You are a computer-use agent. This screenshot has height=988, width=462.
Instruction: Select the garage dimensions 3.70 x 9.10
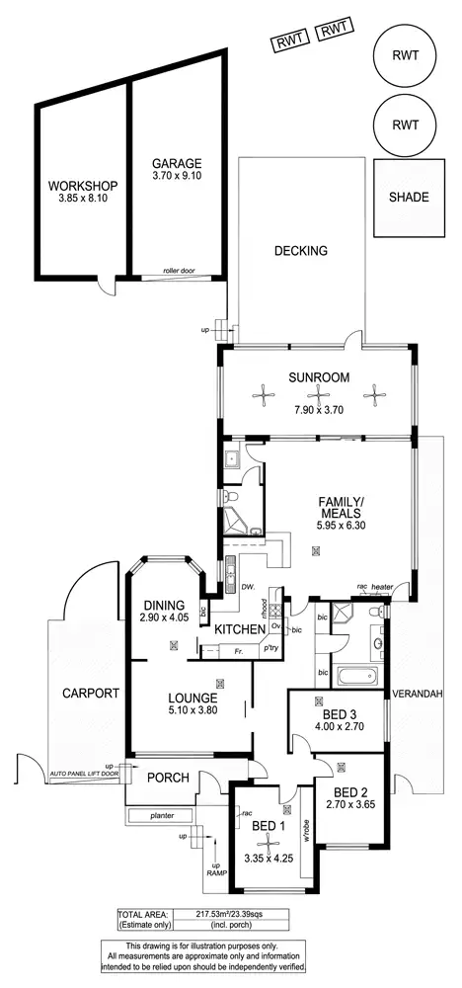click(178, 177)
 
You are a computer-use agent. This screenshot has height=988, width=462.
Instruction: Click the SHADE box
click(408, 198)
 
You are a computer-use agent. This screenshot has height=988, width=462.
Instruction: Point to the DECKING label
click(300, 251)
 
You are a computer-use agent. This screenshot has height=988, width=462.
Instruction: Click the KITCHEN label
click(240, 629)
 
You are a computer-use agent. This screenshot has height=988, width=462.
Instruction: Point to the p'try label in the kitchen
click(269, 649)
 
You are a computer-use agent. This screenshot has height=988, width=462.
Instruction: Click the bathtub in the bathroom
click(356, 678)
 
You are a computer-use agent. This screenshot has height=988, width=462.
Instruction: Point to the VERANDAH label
click(418, 693)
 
